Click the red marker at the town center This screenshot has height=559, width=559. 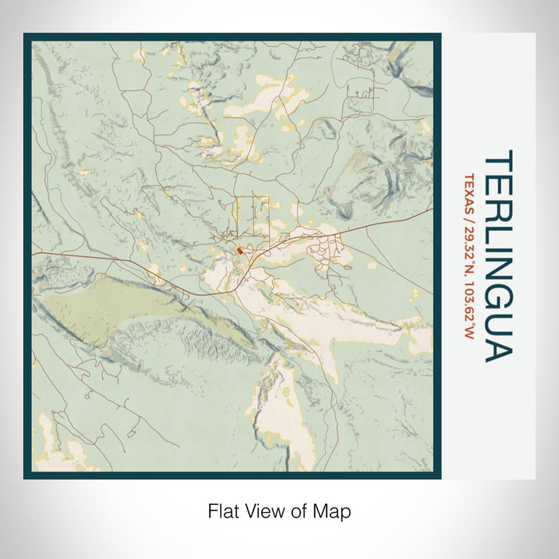240,252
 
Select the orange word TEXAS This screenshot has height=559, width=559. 470,192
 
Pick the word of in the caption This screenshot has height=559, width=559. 298,510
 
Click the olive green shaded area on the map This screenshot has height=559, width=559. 96,307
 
